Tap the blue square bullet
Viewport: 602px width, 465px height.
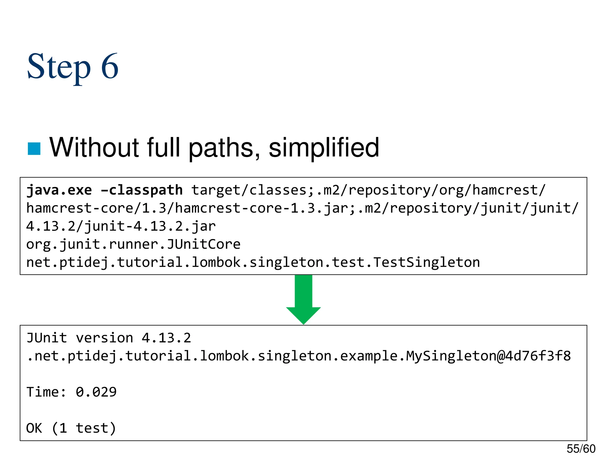[34, 149]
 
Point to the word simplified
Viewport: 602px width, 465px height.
[324, 148]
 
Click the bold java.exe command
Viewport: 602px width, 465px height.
[59, 190]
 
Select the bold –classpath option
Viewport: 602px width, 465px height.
[142, 190]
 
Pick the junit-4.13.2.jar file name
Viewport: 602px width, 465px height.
[150, 226]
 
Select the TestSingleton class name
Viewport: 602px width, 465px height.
[427, 262]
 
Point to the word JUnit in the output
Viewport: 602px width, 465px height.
[47, 338]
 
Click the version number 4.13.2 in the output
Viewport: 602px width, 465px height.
[166, 338]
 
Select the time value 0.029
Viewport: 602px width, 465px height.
[96, 392]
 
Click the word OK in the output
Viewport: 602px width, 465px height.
[34, 428]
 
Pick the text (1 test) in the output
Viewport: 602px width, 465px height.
[84, 428]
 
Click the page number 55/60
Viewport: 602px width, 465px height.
[581, 449]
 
